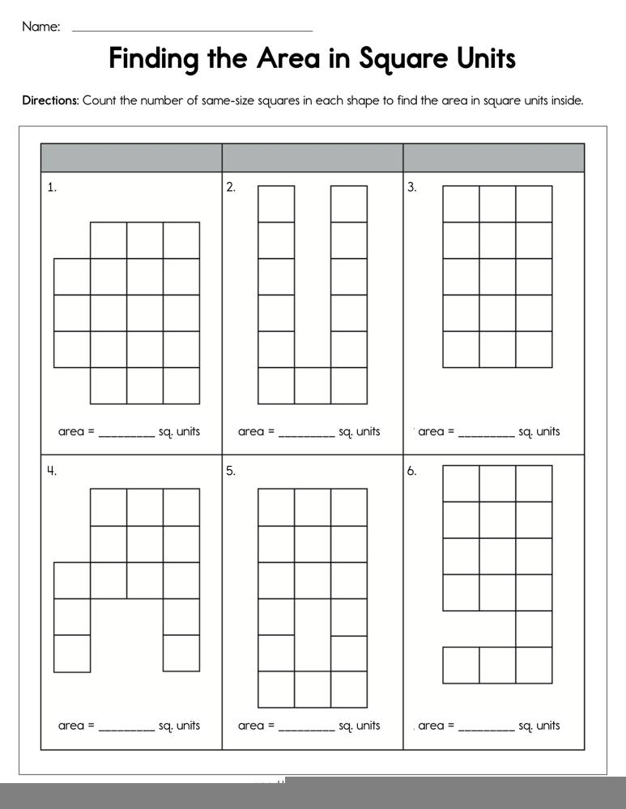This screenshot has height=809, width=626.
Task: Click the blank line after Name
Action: pos(192,29)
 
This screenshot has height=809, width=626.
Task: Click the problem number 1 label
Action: pos(52,188)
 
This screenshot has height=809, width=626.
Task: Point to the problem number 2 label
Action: pos(231,188)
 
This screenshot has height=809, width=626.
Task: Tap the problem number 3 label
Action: pos(411,188)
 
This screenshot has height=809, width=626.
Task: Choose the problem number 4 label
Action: pos(52,471)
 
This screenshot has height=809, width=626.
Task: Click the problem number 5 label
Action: pos(231,471)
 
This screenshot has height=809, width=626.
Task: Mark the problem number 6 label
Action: pos(411,471)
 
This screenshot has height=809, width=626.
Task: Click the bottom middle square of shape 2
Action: pos(313,385)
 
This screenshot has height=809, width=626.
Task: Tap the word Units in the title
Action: pos(478,59)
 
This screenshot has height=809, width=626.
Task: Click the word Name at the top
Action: pos(40,27)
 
